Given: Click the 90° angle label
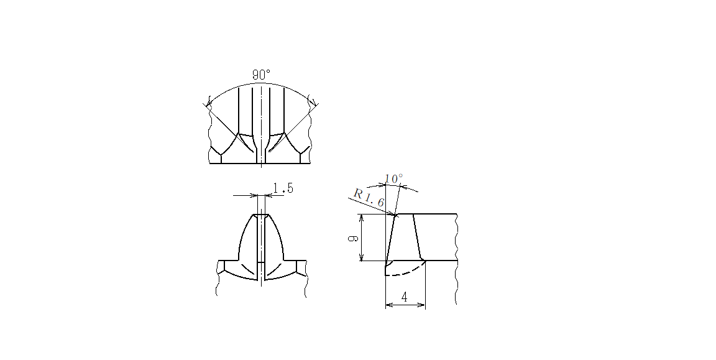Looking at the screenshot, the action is (261, 75).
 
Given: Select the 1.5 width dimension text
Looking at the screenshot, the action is (283, 188).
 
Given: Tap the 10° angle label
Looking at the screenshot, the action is (393, 178).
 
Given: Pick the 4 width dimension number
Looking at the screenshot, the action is (405, 297).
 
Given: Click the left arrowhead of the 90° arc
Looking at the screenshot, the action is (209, 103).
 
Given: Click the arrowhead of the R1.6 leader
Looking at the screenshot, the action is (392, 213).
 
